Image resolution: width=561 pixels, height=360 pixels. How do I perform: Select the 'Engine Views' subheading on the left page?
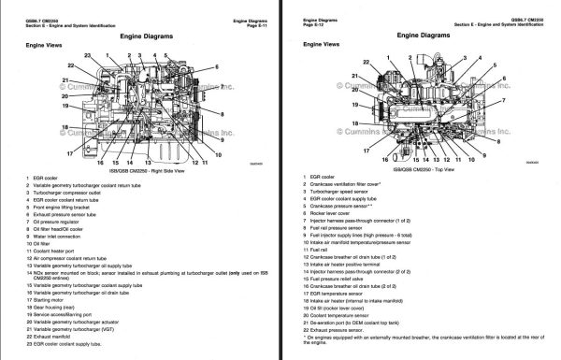coord(45,45)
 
